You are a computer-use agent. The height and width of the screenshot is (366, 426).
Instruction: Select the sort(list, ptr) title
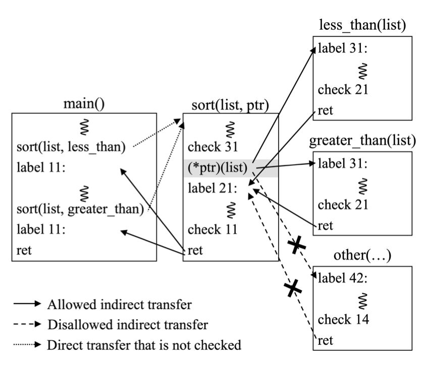[x=230, y=105]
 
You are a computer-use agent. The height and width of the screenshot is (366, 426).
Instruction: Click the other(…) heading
[x=362, y=256]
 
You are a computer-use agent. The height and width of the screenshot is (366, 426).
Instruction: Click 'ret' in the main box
[x=23, y=251]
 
